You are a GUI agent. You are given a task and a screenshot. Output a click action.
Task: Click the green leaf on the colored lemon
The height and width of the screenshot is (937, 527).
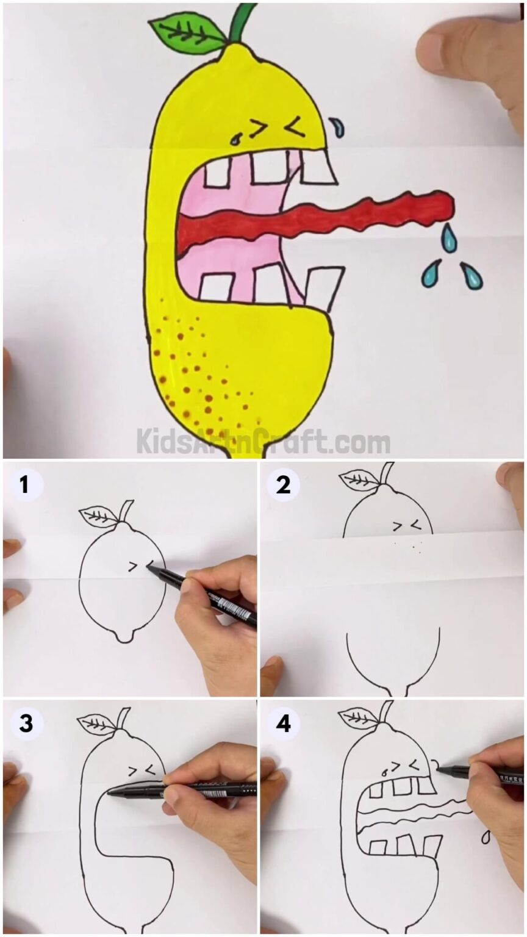pyautogui.click(x=186, y=34)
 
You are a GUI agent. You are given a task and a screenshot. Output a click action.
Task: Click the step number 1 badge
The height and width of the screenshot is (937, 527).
pyautogui.click(x=24, y=486)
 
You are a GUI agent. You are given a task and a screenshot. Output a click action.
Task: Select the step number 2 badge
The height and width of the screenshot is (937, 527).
pyautogui.click(x=282, y=486)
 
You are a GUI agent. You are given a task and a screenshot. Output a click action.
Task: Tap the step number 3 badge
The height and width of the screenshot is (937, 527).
pyautogui.click(x=24, y=723)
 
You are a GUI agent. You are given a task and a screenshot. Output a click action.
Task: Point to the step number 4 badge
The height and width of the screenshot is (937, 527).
pyautogui.click(x=282, y=723)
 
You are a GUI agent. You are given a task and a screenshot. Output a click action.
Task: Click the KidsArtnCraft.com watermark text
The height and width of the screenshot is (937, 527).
pyautogui.click(x=263, y=440)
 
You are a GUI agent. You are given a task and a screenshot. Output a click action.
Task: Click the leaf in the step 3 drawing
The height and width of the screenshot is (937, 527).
pyautogui.click(x=96, y=723)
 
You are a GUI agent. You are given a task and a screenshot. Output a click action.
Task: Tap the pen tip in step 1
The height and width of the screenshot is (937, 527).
pyautogui.click(x=149, y=568)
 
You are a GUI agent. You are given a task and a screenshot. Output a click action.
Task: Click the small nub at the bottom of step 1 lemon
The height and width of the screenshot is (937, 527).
pyautogui.click(x=124, y=637)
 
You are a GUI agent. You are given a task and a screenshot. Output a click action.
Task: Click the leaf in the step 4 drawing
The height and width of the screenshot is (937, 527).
pyautogui.click(x=359, y=717)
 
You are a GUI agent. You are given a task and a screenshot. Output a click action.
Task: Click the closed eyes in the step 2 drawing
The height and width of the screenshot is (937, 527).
pyautogui.click(x=407, y=524)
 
